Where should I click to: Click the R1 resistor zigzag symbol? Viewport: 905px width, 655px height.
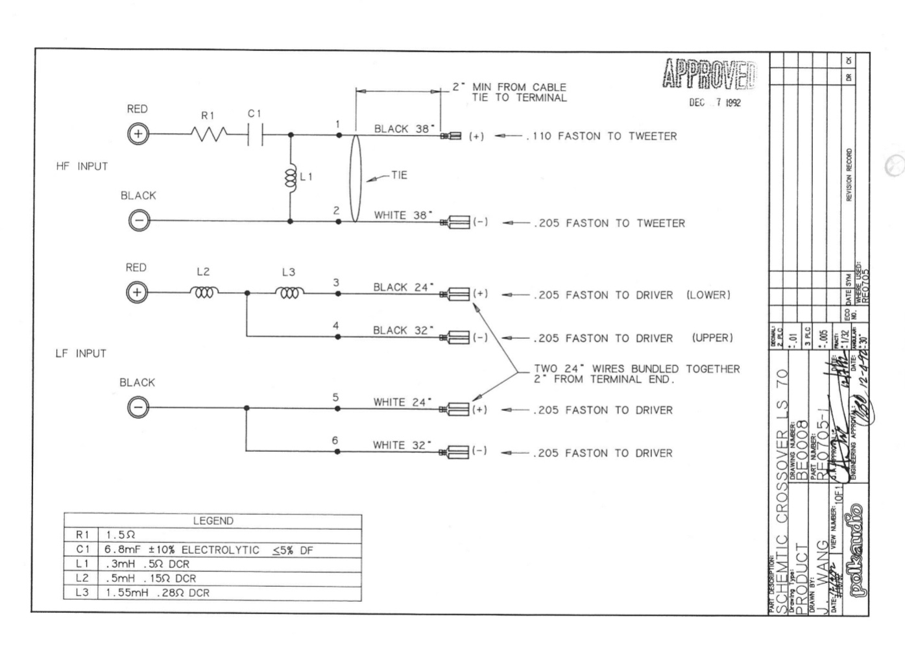(209, 135)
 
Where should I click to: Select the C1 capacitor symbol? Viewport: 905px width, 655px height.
(255, 135)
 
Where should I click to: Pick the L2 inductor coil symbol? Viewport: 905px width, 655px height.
(204, 293)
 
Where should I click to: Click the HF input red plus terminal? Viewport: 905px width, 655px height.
(138, 135)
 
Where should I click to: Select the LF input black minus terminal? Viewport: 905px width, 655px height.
(138, 408)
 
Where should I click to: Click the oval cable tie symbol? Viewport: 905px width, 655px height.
(354, 177)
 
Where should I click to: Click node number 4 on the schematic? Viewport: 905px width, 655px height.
(335, 326)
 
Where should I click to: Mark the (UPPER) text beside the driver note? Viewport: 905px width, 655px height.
(712, 338)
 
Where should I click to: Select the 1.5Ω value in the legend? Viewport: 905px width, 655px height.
(121, 536)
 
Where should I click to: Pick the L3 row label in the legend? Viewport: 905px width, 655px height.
(82, 593)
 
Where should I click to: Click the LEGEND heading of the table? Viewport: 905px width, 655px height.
(213, 521)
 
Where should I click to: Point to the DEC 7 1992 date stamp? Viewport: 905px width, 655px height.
(714, 103)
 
